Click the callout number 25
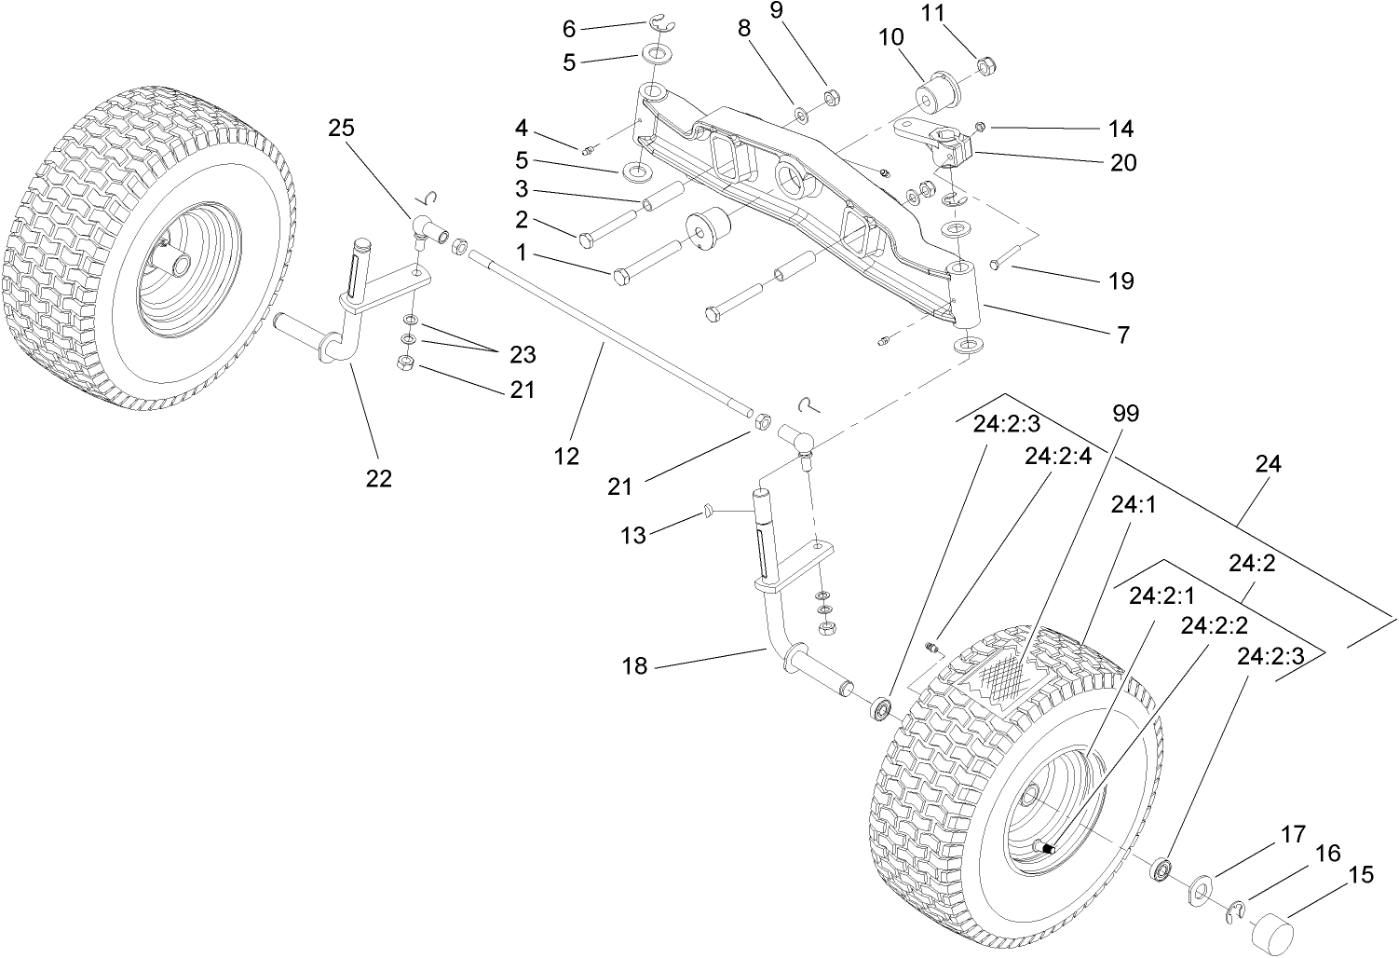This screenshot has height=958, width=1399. point(342,128)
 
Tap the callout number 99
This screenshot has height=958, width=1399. point(1125,413)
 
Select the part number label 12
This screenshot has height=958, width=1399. point(566,456)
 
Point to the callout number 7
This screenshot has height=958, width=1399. point(1123,335)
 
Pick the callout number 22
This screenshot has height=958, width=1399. point(378,478)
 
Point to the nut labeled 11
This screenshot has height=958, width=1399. point(986,66)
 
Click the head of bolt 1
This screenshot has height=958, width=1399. point(622,276)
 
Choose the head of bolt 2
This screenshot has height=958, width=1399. point(587,240)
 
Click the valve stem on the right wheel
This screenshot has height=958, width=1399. point(1048,847)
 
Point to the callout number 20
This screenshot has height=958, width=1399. point(1123,162)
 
